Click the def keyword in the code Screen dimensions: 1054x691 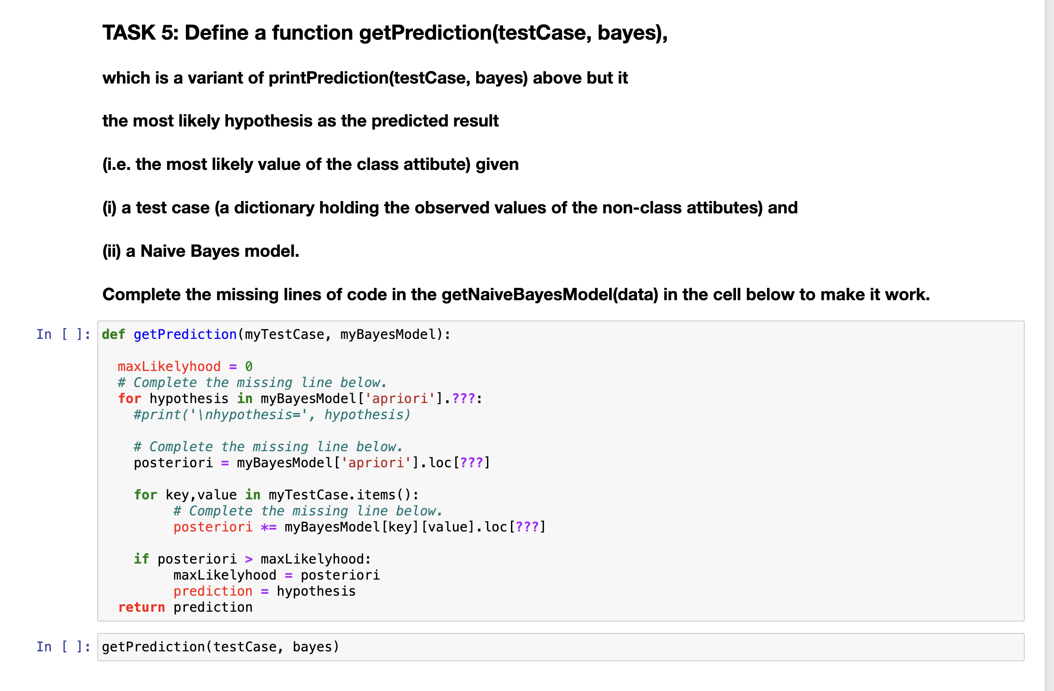[113, 335]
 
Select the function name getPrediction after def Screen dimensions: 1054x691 [185, 335]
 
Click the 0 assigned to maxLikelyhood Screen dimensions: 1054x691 [249, 367]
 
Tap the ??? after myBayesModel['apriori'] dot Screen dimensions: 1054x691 [463, 399]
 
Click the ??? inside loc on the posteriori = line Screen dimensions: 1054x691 [471, 463]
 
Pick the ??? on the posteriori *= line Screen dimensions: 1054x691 [527, 527]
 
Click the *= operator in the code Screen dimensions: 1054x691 [268, 527]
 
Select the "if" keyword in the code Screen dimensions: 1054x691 [141, 559]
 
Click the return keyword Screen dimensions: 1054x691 [141, 607]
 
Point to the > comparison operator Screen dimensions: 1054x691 [249, 559]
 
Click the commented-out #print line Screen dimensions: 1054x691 [272, 415]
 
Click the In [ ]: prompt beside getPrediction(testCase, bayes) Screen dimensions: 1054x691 [63, 647]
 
